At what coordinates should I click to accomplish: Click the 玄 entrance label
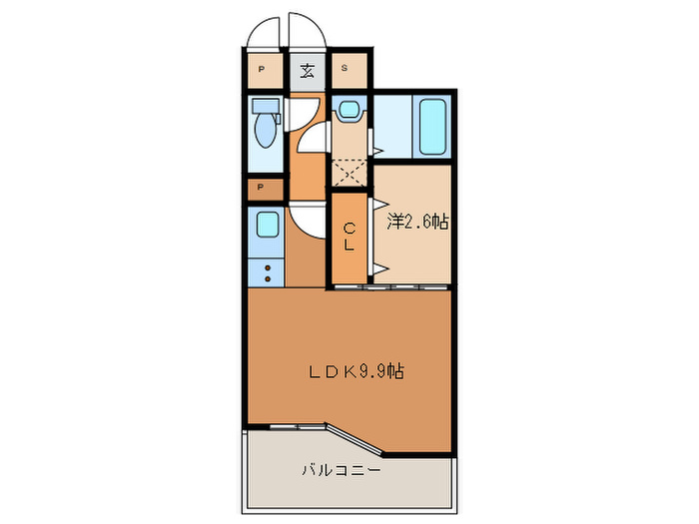point(308,70)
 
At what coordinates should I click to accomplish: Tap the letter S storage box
point(346,69)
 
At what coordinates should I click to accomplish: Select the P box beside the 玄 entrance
point(262,70)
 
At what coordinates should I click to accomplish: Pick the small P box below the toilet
point(262,187)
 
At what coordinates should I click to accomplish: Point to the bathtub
point(433,126)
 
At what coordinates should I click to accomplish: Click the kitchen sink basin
point(267,227)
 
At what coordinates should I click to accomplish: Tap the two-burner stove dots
point(267,272)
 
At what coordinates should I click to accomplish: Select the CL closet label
point(349,237)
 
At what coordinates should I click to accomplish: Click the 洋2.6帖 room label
point(416,222)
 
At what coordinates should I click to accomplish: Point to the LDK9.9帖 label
point(354,371)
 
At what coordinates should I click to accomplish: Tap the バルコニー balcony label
point(342,469)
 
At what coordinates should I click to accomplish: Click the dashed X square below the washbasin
point(350,171)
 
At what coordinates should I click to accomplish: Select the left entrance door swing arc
point(263,30)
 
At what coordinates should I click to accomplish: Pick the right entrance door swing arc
point(307,30)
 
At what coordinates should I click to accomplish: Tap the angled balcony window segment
point(354,440)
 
